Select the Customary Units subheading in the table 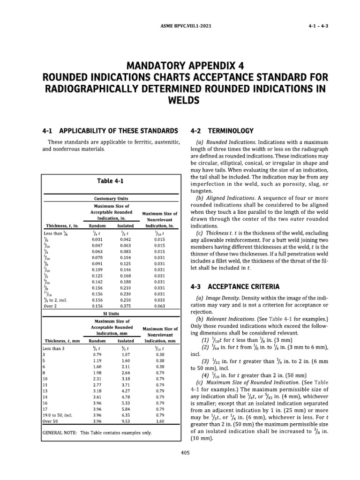(x=112, y=198)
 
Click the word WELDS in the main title (x=180, y=101)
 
